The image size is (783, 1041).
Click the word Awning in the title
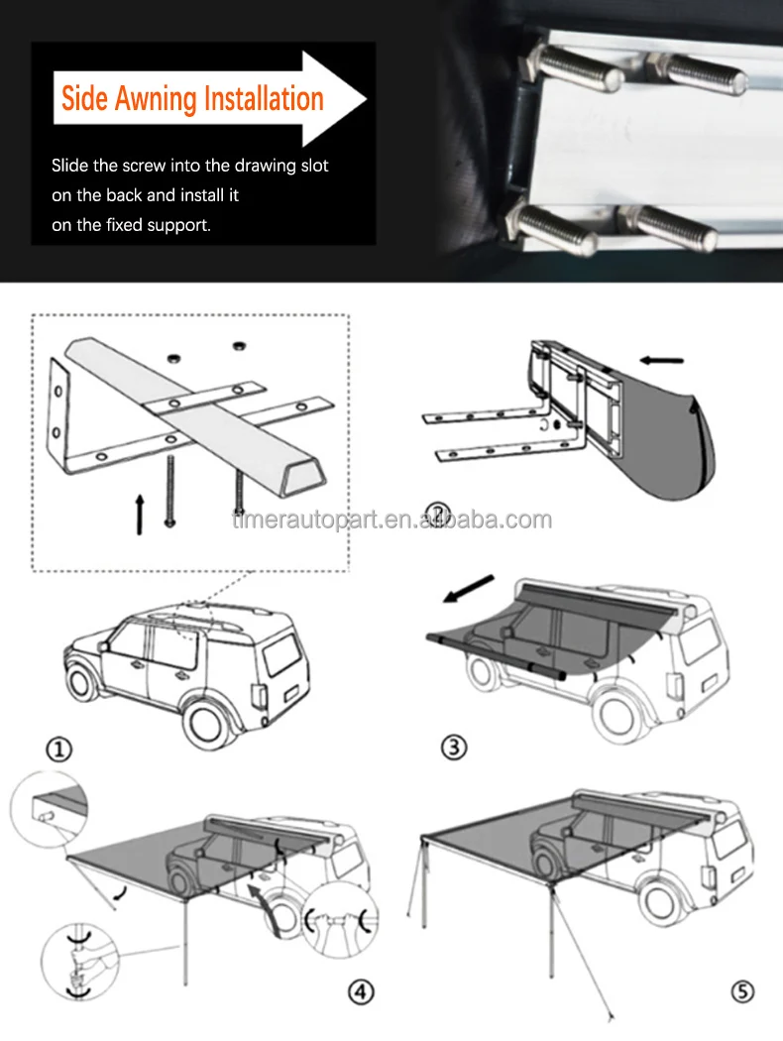[156, 99]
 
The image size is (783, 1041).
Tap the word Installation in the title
[264, 98]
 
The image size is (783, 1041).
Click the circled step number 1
[58, 751]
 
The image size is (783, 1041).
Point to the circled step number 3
[454, 748]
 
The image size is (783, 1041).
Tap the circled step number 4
[361, 991]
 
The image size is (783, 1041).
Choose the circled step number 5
[742, 991]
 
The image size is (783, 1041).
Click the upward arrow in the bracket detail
[140, 514]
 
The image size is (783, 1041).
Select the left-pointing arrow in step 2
[661, 361]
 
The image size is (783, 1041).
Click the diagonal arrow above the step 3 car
[469, 589]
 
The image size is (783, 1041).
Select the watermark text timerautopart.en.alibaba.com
[392, 520]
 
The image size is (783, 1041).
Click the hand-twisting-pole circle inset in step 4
[79, 962]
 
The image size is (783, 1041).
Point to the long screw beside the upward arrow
[170, 491]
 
